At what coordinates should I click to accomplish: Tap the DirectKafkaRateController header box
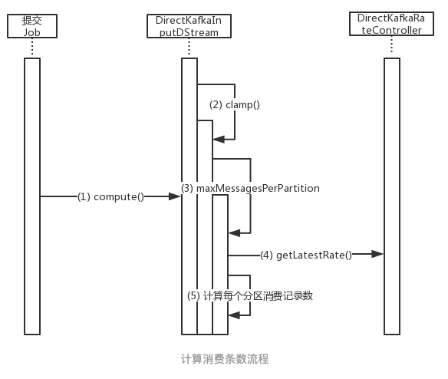[x=390, y=24]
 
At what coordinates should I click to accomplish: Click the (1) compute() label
[x=110, y=196]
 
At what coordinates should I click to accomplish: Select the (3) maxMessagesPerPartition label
[x=250, y=188]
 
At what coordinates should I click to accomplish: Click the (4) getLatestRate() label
[x=305, y=254]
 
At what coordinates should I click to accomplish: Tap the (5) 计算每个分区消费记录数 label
[x=250, y=295]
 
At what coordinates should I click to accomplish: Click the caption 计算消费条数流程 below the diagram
[x=225, y=359]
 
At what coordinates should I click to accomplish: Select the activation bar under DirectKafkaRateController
[x=391, y=196]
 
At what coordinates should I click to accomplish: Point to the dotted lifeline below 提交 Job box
[x=31, y=48]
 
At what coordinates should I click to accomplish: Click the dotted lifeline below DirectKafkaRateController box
[x=391, y=47]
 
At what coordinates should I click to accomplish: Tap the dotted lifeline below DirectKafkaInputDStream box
[x=189, y=48]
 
